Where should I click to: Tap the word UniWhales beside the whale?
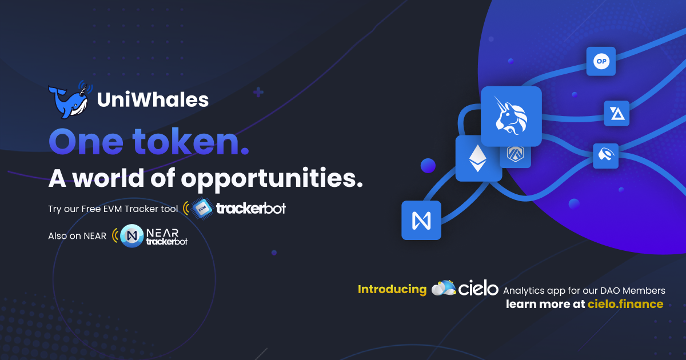[x=153, y=100]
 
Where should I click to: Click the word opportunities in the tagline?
[x=272, y=178]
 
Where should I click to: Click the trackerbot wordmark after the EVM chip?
[x=251, y=209]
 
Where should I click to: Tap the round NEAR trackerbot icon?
[x=132, y=235]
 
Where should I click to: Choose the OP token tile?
[x=601, y=61]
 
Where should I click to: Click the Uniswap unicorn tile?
[x=510, y=117]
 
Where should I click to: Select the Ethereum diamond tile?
[x=475, y=158]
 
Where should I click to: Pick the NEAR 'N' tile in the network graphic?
[x=421, y=220]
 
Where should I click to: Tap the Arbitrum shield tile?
[x=515, y=154]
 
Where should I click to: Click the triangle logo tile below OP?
[x=617, y=113]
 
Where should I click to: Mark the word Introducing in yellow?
[x=392, y=289]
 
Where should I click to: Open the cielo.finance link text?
[x=625, y=304]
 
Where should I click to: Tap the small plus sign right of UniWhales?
[x=258, y=92]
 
